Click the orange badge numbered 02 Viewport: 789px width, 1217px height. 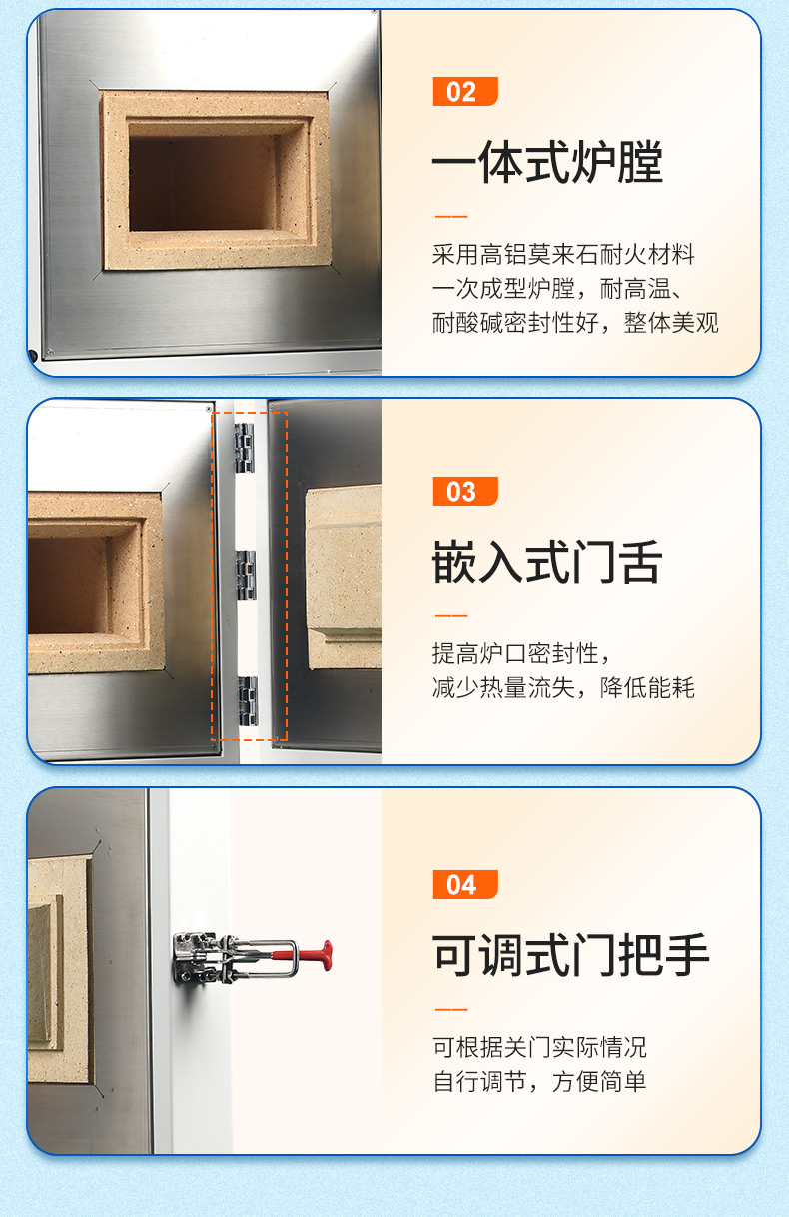click(x=465, y=91)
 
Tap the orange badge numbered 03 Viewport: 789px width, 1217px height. click(x=465, y=492)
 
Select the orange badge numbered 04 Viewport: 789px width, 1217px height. click(x=465, y=885)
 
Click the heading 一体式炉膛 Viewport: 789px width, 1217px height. click(x=547, y=161)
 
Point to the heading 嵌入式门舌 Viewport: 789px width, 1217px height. click(x=547, y=562)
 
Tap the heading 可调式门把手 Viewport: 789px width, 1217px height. click(x=570, y=955)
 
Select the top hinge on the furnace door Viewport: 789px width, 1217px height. click(x=245, y=448)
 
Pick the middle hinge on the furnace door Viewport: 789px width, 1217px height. click(x=246, y=575)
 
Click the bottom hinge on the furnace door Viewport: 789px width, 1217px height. click(x=248, y=701)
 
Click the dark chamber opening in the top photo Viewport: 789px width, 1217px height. click(x=203, y=183)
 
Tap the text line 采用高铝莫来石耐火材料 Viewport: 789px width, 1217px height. click(x=563, y=254)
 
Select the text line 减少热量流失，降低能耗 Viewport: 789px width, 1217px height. click(x=563, y=687)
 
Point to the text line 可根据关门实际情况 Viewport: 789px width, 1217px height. click(x=539, y=1047)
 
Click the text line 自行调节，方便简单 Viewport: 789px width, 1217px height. click(x=539, y=1082)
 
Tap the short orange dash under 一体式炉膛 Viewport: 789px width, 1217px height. click(x=451, y=216)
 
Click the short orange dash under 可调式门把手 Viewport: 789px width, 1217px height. click(x=451, y=1010)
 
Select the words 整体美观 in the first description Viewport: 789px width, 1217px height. click(x=671, y=323)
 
